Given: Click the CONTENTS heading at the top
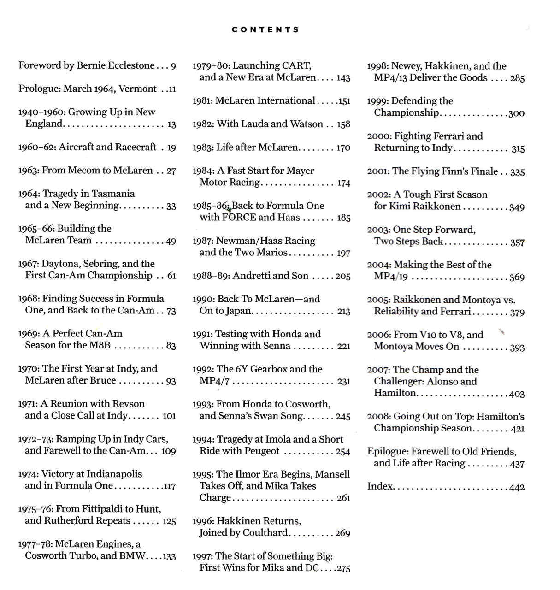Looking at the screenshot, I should pyautogui.click(x=265, y=30).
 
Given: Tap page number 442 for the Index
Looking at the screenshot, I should pyautogui.click(x=517, y=487).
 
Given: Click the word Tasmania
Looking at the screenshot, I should pyautogui.click(x=113, y=194).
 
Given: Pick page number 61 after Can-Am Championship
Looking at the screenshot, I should pyautogui.click(x=171, y=276).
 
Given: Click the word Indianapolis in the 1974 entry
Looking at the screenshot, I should pyautogui.click(x=114, y=474).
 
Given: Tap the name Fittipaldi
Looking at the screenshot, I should pyautogui.click(x=107, y=509).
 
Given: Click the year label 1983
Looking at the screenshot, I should pyautogui.click(x=203, y=147).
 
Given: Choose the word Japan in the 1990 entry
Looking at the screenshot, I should pyautogui.click(x=239, y=311).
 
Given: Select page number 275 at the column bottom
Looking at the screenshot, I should pyautogui.click(x=343, y=568).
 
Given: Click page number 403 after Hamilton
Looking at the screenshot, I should pyautogui.click(x=517, y=394).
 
